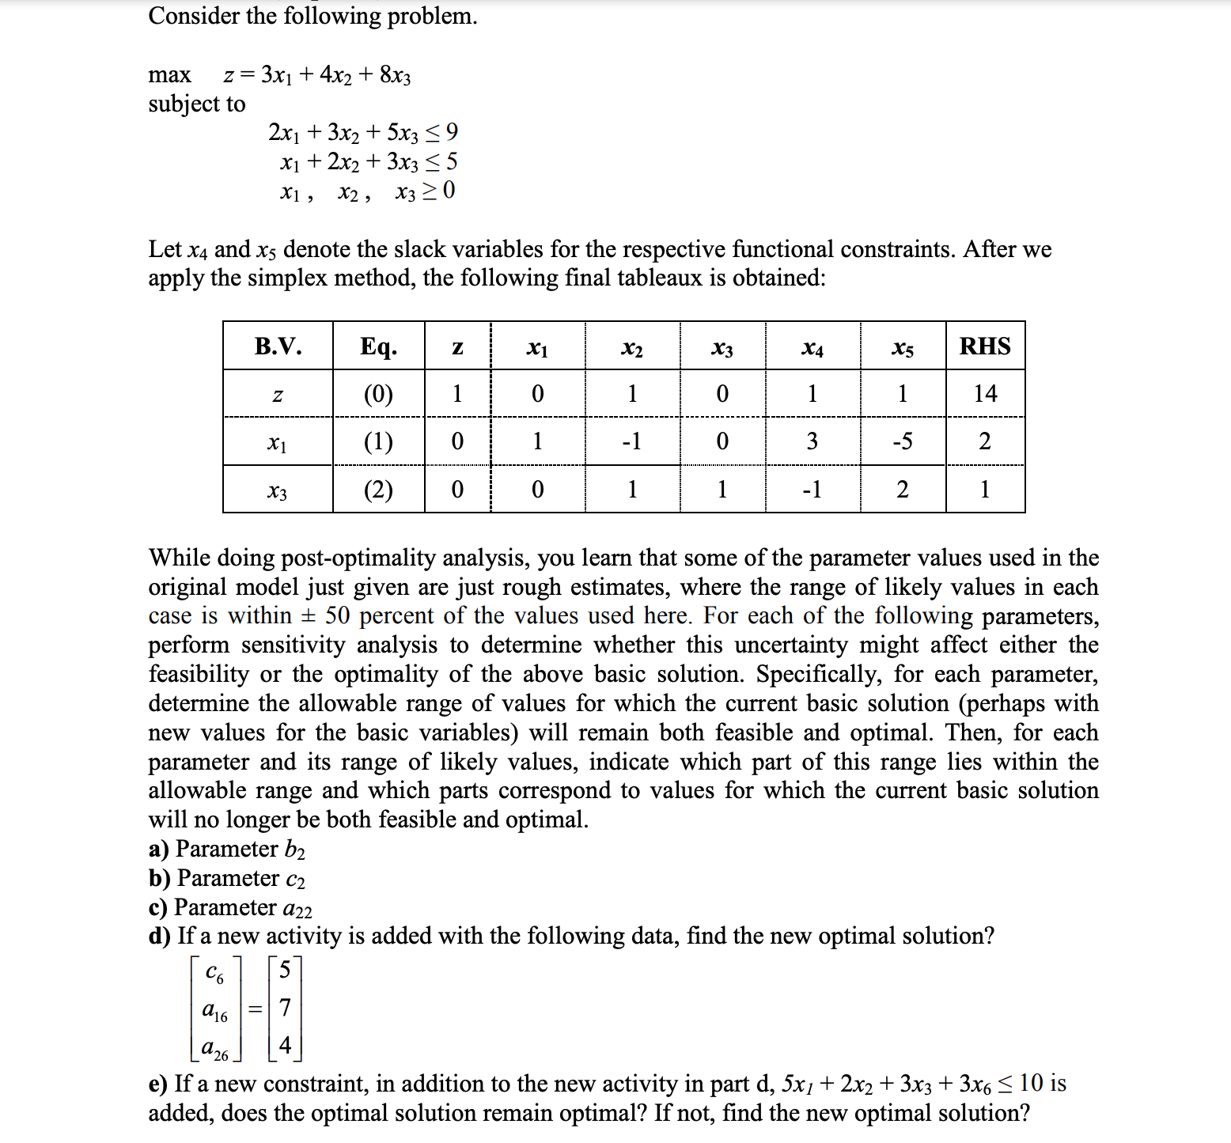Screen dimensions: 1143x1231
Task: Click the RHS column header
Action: pyautogui.click(x=985, y=346)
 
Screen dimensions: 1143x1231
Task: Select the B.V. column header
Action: pyautogui.click(x=278, y=346)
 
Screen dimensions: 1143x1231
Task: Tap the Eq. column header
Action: pyautogui.click(x=378, y=346)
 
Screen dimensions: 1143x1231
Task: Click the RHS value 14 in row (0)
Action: pyautogui.click(x=985, y=394)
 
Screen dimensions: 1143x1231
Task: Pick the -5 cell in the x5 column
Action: pyautogui.click(x=902, y=441)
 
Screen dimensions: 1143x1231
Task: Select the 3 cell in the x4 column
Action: pyautogui.click(x=812, y=441)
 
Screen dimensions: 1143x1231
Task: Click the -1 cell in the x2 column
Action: pyautogui.click(x=631, y=441)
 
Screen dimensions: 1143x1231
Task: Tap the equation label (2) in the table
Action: pyautogui.click(x=378, y=490)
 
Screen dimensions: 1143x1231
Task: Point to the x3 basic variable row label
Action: pyautogui.click(x=277, y=491)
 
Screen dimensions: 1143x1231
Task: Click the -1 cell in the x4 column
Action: pyautogui.click(x=812, y=490)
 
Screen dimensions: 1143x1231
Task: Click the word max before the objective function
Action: pyautogui.click(x=169, y=75)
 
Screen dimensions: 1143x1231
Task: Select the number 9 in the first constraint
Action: pyautogui.click(x=452, y=132)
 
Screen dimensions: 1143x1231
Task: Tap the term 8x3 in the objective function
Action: pyautogui.click(x=396, y=75)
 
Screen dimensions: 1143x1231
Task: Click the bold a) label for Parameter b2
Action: pyautogui.click(x=158, y=849)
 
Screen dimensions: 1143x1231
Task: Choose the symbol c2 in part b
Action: pyautogui.click(x=294, y=879)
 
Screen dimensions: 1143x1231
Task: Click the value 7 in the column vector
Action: pyautogui.click(x=285, y=1008)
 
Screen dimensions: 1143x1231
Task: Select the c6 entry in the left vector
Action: pyautogui.click(x=214, y=973)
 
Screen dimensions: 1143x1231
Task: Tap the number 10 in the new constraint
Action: pyautogui.click(x=1032, y=1083)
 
